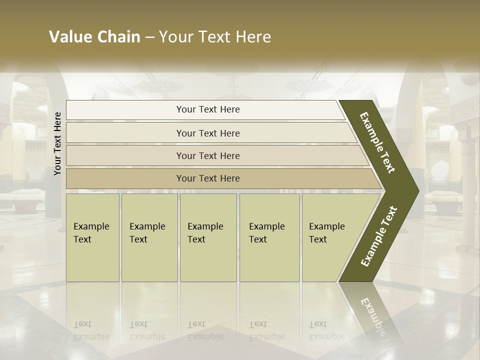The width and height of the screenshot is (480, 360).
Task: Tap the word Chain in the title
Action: [x=119, y=37]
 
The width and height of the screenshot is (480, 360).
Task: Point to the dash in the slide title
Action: [x=149, y=37]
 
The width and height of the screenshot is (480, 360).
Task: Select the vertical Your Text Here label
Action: [x=57, y=143]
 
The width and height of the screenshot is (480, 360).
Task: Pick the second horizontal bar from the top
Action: [x=207, y=133]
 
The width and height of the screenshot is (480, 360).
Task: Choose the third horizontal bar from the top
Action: [x=207, y=155]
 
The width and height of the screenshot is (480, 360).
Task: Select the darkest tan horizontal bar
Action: [x=207, y=178]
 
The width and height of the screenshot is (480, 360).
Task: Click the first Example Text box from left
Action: [x=92, y=237]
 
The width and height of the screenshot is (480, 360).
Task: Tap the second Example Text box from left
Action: [x=149, y=237]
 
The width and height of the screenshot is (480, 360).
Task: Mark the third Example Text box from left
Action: [x=208, y=237]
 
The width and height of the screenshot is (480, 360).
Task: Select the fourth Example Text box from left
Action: [x=269, y=237]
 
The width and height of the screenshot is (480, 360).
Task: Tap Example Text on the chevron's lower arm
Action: [x=378, y=236]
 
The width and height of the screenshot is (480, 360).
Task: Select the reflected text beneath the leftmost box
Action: [x=91, y=330]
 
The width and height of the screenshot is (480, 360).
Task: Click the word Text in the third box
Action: [x=196, y=239]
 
